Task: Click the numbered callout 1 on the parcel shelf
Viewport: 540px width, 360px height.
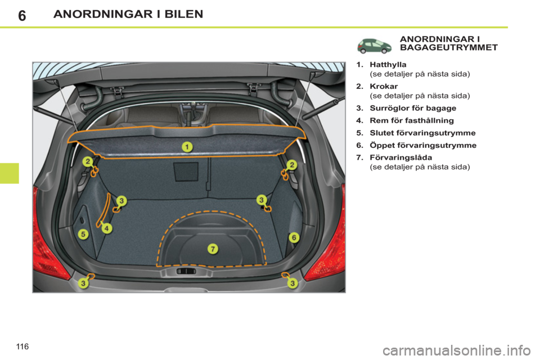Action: [x=186, y=147]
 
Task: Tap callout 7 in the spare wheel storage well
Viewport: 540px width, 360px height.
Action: [x=213, y=249]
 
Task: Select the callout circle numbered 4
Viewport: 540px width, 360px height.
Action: [x=107, y=228]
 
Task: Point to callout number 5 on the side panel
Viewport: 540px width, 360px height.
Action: [x=83, y=234]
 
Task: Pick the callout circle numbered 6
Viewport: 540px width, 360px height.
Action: [x=294, y=238]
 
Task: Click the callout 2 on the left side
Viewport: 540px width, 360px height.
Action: [x=88, y=162]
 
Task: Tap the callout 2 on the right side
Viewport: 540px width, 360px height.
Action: [x=292, y=164]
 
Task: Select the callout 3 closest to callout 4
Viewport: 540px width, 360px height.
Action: [x=122, y=200]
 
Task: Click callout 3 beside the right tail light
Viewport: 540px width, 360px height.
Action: [x=293, y=283]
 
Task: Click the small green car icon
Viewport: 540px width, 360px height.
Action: [x=375, y=46]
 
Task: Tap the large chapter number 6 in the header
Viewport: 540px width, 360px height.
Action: [x=21, y=15]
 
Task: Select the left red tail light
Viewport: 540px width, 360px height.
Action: [x=49, y=236]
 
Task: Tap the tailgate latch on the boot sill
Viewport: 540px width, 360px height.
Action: [x=186, y=271]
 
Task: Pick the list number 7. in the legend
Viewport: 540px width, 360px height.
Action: [x=359, y=158]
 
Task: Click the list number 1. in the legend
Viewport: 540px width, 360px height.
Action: [x=359, y=65]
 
